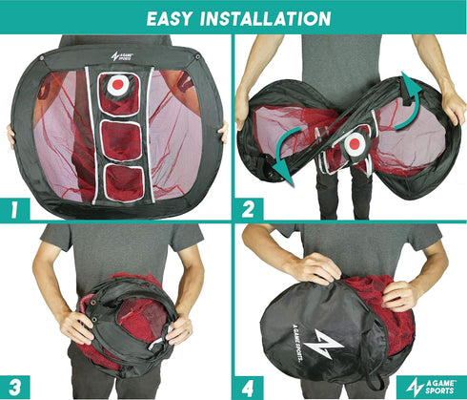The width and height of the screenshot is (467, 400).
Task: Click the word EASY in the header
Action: [169, 18]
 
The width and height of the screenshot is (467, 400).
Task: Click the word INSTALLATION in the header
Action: [266, 18]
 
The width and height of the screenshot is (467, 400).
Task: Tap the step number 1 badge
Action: [14, 209]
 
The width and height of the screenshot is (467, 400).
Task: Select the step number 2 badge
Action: [249, 209]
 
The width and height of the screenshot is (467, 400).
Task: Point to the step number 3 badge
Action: [14, 388]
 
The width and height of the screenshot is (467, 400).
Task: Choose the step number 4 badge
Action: [248, 388]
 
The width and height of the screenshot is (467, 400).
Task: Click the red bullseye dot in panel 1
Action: [118, 84]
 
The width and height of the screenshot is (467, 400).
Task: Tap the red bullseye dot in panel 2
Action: [354, 144]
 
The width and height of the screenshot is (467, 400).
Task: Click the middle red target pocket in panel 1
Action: [121, 140]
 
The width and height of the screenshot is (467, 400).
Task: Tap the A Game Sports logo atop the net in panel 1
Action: [122, 56]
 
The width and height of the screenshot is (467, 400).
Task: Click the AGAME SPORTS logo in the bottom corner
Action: [431, 387]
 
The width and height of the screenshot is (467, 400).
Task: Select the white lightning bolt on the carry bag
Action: [323, 344]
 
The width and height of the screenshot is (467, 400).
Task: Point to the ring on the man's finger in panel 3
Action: [189, 332]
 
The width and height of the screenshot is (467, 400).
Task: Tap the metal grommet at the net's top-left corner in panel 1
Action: [42, 58]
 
